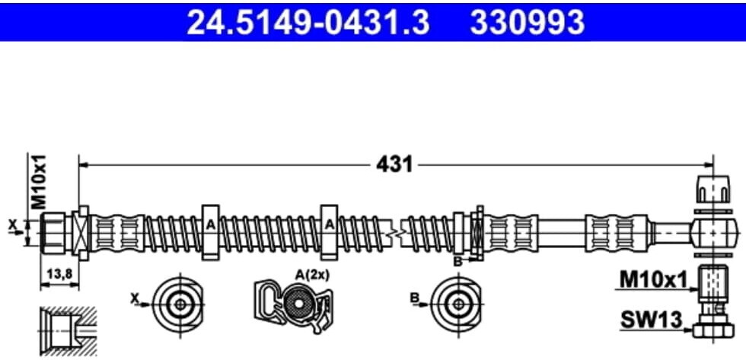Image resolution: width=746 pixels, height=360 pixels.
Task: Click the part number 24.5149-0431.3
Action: (x=308, y=22)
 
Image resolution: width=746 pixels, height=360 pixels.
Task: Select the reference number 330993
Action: (x=527, y=22)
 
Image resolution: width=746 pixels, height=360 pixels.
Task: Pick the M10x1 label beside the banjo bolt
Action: (x=654, y=281)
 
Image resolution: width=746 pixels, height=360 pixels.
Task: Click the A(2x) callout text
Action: (x=312, y=274)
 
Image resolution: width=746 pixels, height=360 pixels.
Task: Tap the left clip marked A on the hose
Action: (x=210, y=232)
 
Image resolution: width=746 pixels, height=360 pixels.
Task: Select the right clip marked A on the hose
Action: (x=329, y=232)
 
